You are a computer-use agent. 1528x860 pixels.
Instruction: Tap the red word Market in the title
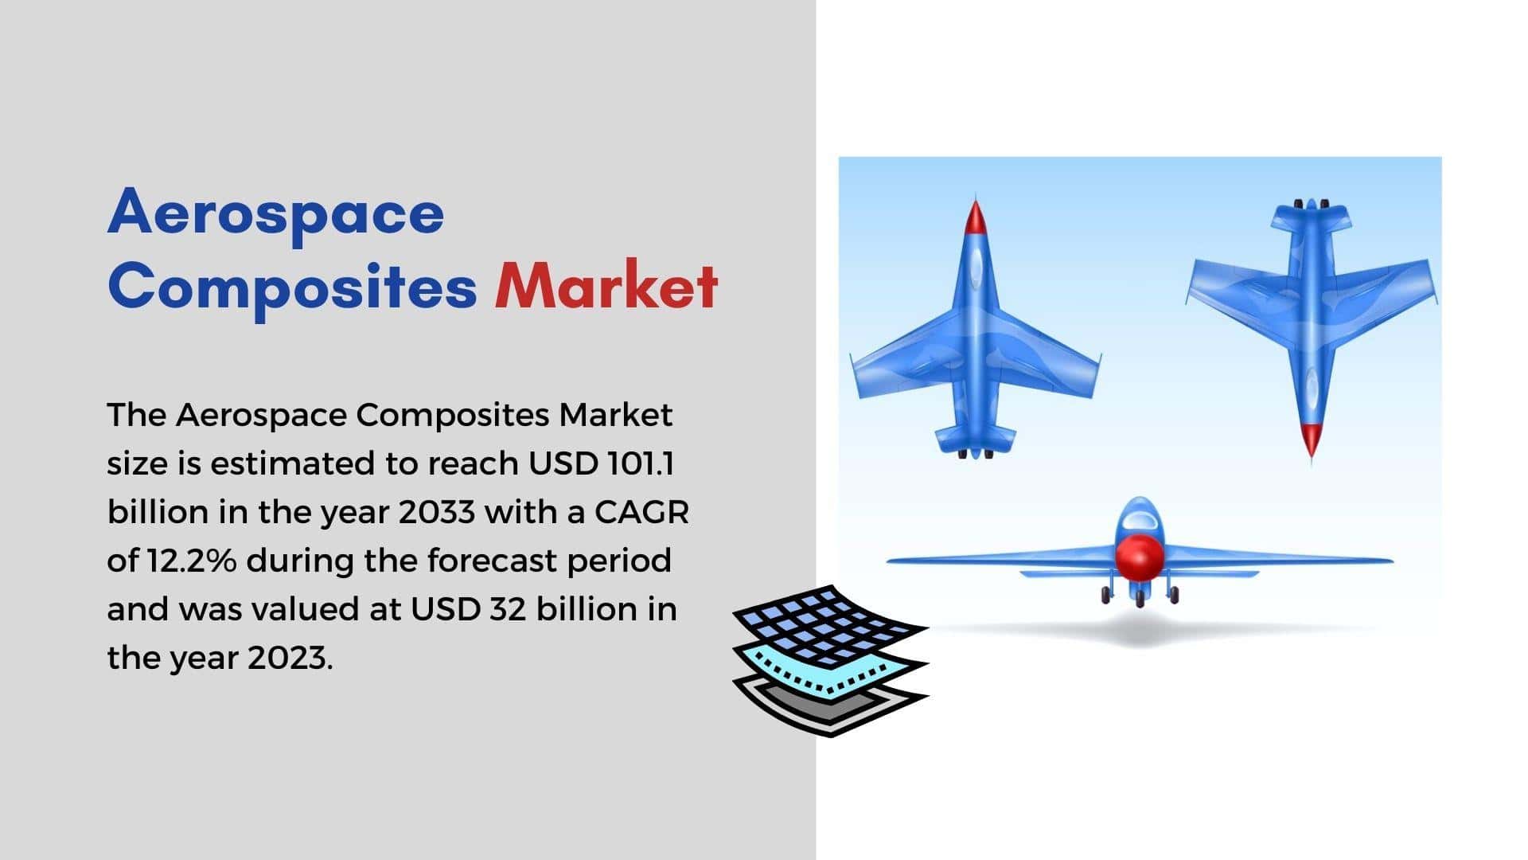(x=606, y=286)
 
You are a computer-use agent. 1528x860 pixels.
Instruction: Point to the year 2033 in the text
(x=437, y=512)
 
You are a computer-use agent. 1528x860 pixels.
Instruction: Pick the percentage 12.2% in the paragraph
(x=191, y=561)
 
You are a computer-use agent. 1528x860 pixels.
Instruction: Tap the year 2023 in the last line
(x=290, y=658)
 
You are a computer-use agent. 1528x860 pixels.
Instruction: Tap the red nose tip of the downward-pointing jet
(x=1310, y=440)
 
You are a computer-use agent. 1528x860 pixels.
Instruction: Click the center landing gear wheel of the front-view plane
(x=1140, y=598)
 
